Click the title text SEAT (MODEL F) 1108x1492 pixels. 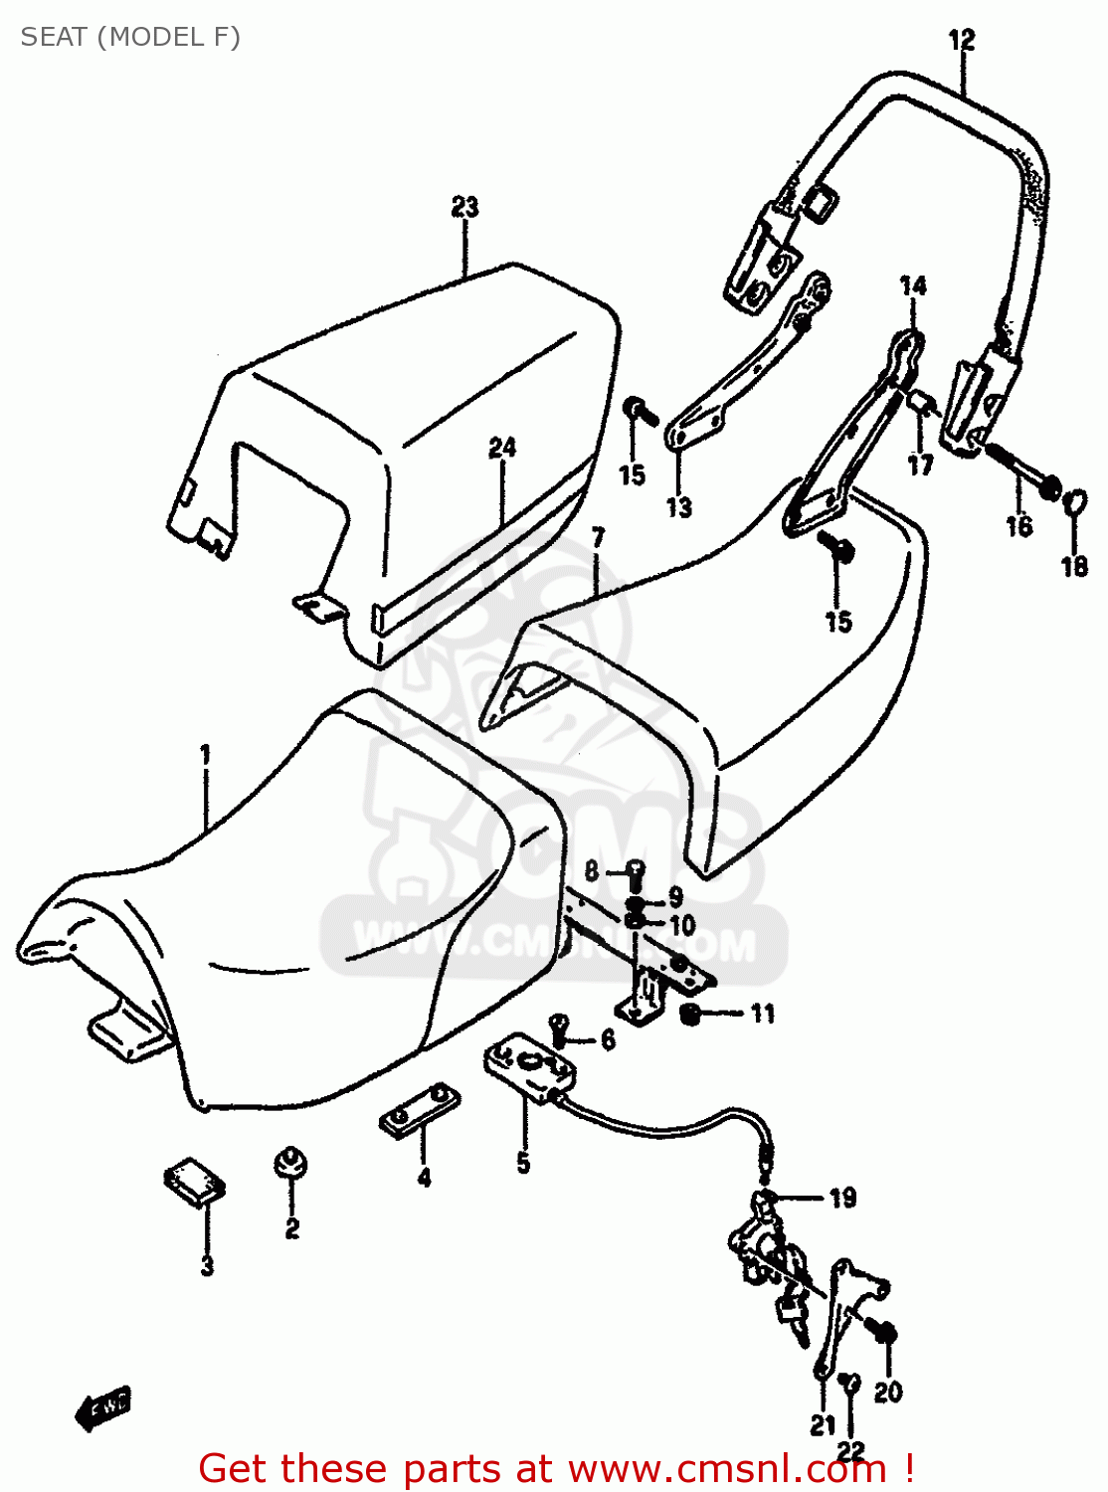130,37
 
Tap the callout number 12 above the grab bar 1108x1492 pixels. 962,41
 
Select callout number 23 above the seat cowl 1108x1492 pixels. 464,207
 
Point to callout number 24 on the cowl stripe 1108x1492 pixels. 502,448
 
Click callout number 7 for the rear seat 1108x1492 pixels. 598,538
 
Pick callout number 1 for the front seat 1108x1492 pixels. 205,755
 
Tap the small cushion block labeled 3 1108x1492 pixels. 195,1182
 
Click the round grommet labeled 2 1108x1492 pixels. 290,1163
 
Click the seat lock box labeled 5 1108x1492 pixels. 529,1068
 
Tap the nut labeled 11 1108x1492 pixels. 688,1016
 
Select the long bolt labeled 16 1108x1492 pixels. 1021,472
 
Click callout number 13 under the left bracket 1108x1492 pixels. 678,508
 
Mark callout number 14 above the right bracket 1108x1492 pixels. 913,286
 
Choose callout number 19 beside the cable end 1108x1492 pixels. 842,1198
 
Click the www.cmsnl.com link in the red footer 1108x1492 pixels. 727,1469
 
